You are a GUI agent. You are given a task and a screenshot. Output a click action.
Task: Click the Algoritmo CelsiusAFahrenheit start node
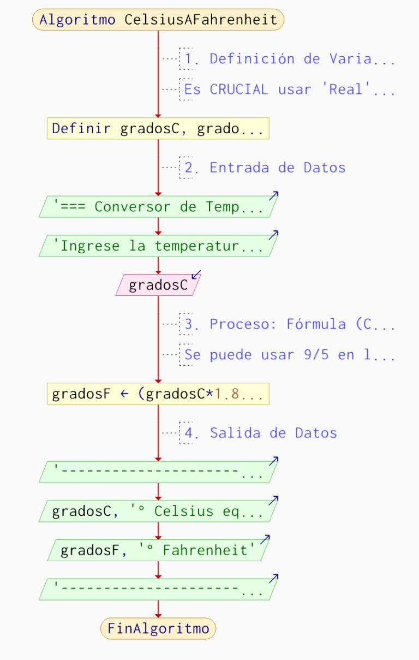point(158,20)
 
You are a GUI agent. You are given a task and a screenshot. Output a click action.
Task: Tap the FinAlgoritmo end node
point(158,628)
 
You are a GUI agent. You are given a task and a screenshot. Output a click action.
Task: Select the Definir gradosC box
point(158,129)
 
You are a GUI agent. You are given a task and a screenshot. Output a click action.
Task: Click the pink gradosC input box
point(158,285)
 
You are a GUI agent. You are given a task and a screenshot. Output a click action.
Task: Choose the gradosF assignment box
point(158,394)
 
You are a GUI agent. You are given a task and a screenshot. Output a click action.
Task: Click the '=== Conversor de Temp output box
point(158,207)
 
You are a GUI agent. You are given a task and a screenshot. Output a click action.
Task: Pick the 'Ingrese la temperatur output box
point(158,246)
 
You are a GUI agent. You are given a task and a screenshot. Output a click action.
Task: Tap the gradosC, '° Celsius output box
point(158,511)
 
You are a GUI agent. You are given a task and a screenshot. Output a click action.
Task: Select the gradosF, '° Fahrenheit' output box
point(158,550)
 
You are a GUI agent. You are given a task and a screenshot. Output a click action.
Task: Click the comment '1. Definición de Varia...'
point(289,59)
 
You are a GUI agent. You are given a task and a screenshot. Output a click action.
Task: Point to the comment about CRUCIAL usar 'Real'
point(289,90)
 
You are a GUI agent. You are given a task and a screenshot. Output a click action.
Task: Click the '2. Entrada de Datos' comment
point(265,168)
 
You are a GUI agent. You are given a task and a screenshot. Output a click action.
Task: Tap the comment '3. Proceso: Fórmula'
point(289,324)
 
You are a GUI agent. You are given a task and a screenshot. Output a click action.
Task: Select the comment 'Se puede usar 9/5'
point(289,355)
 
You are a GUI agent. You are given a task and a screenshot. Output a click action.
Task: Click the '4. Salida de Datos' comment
point(261,433)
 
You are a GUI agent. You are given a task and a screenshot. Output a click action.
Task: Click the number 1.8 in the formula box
point(224,394)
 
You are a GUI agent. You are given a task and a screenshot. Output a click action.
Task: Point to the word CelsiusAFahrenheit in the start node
point(201,20)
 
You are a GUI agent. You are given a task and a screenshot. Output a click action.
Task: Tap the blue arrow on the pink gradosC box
point(196,274)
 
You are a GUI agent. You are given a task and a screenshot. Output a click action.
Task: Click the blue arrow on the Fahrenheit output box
point(266,539)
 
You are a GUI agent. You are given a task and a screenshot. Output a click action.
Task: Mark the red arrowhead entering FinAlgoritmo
point(158,615)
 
